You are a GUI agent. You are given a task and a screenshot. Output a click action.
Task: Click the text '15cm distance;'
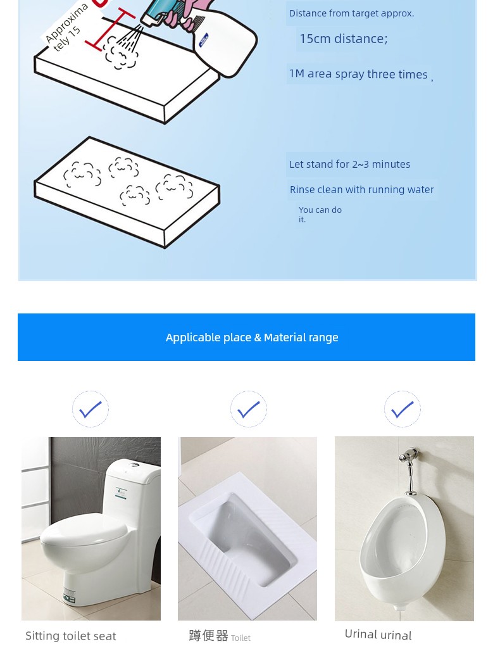click(x=343, y=39)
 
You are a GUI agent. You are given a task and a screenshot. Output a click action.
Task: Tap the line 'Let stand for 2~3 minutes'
click(x=349, y=164)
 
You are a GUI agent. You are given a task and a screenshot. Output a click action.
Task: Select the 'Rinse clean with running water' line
click(x=361, y=189)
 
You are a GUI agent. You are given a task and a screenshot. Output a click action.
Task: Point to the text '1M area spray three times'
click(x=358, y=74)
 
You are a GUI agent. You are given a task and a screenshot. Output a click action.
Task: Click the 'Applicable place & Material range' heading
click(x=252, y=338)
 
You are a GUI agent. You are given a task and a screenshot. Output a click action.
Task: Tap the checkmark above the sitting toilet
click(x=90, y=409)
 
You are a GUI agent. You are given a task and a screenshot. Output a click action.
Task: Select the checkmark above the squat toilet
click(x=249, y=409)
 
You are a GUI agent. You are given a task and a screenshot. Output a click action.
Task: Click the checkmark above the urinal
click(x=403, y=409)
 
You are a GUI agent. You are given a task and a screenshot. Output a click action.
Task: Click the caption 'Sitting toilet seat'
click(x=71, y=636)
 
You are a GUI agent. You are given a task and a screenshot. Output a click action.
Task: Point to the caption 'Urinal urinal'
click(x=378, y=635)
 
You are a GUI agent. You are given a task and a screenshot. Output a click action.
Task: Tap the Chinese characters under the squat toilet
click(x=208, y=636)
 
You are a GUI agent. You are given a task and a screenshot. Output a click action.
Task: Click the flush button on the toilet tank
click(x=134, y=465)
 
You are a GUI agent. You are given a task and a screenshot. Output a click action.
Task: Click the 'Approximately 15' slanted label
click(x=66, y=27)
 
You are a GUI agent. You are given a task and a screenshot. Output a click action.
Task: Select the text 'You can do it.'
click(x=320, y=215)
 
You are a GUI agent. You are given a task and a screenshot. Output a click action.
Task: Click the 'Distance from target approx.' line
click(x=352, y=13)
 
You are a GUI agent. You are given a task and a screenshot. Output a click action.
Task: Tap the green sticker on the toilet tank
click(x=122, y=493)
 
